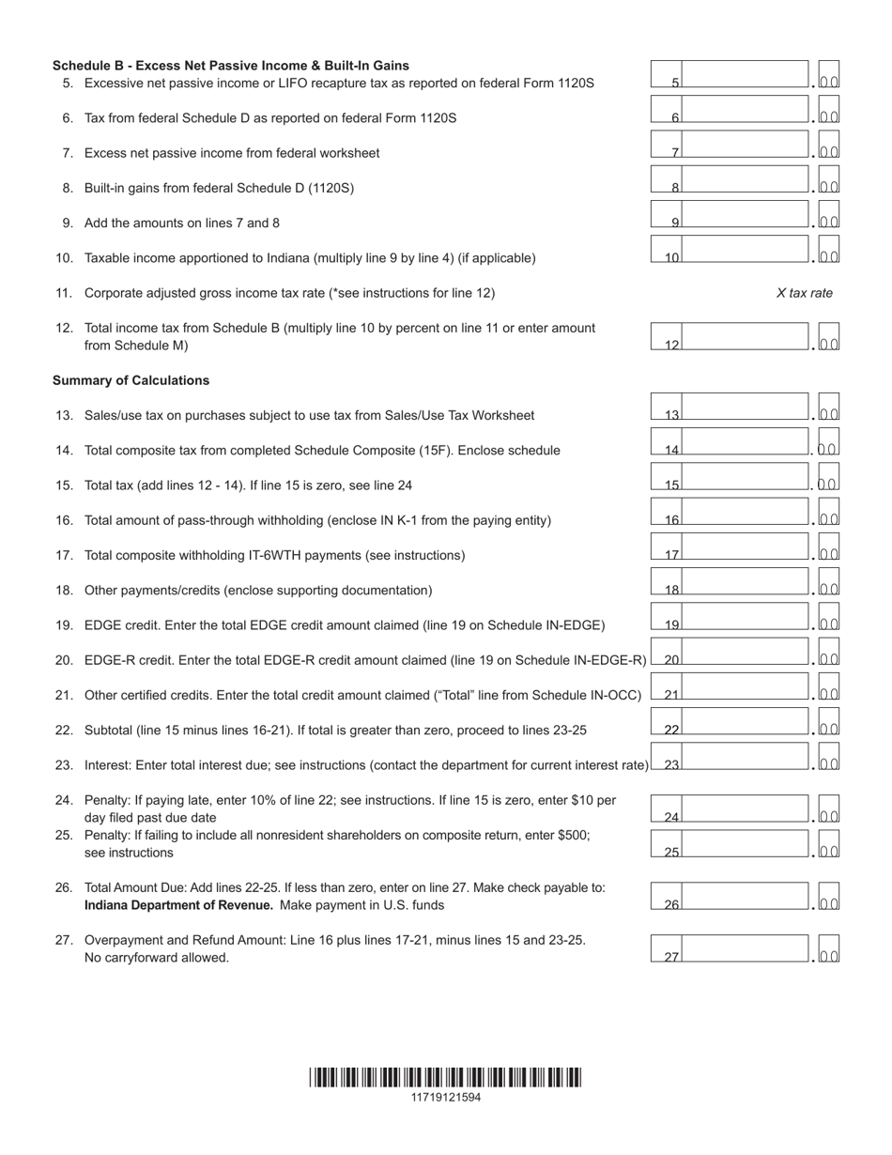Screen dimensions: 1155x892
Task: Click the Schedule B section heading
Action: point(231,66)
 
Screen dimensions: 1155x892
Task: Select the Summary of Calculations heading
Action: point(131,380)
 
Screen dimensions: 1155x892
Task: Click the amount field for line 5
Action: point(745,76)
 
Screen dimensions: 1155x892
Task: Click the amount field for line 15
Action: point(745,478)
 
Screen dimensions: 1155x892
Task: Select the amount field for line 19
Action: point(745,618)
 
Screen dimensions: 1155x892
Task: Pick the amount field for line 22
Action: point(745,723)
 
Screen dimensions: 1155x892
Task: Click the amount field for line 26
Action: point(745,898)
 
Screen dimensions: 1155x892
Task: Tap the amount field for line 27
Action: point(745,950)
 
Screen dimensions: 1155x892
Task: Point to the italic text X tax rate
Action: point(804,293)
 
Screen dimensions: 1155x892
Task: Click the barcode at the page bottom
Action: point(445,1077)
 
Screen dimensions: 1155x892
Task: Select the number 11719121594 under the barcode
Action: point(445,1097)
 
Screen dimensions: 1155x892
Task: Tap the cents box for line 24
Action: point(829,810)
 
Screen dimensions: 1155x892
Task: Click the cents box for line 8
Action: point(829,181)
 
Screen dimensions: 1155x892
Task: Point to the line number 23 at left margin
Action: point(64,765)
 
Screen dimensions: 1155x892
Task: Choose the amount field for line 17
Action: point(745,548)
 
